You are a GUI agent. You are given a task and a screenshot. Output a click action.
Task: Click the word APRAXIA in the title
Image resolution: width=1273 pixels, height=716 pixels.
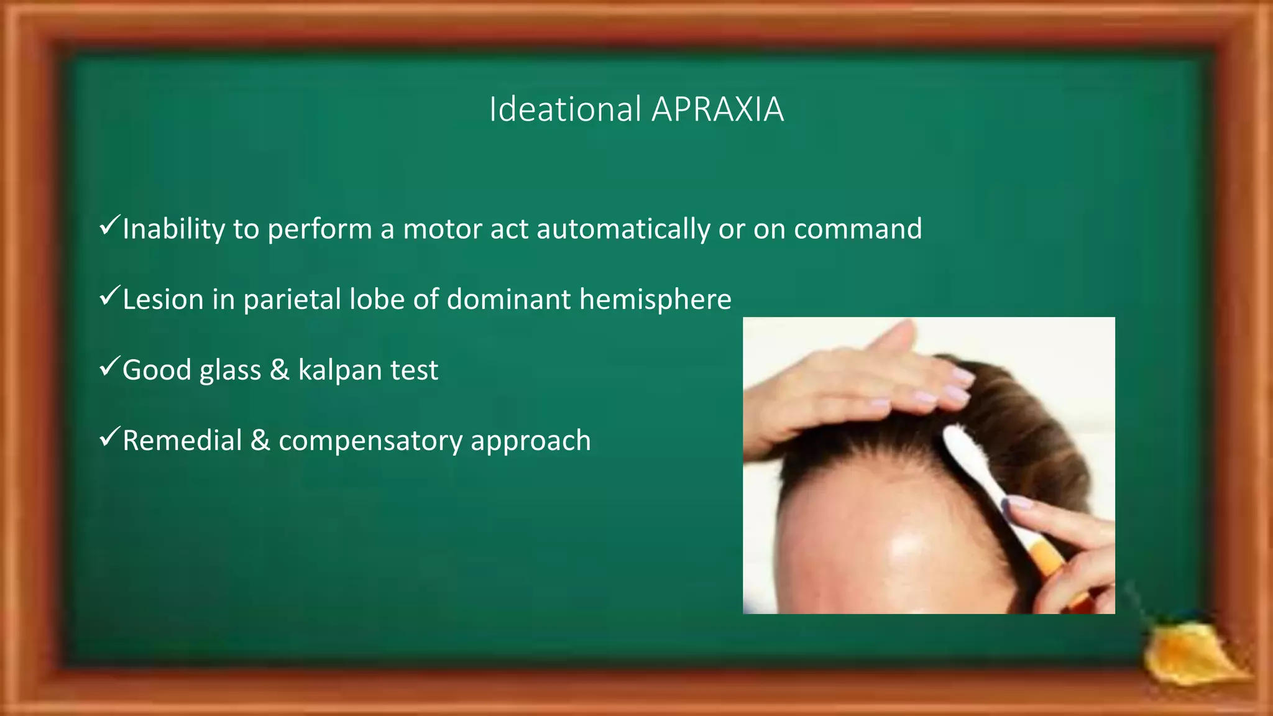tap(717, 109)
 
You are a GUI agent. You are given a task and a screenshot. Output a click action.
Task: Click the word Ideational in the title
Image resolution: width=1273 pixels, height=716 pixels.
tap(565, 109)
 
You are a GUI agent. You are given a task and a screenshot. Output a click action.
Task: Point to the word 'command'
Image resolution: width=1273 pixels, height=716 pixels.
tap(858, 229)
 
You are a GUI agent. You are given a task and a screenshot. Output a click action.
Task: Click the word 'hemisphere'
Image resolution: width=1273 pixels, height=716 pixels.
tap(655, 300)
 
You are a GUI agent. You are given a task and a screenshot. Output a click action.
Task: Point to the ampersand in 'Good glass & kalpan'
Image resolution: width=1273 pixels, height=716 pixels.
tap(279, 370)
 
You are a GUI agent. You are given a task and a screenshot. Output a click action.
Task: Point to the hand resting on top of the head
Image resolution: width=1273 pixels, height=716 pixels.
tap(870, 385)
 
